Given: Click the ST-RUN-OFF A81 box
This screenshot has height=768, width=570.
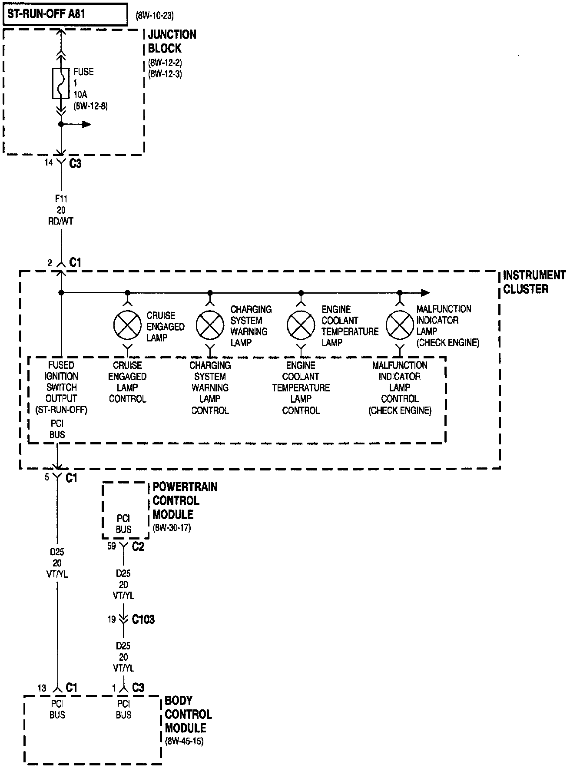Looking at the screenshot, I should click(66, 14).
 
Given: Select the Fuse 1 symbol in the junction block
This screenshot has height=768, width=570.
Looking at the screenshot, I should click(61, 83).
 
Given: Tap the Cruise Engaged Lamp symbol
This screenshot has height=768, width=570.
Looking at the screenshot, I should click(127, 326).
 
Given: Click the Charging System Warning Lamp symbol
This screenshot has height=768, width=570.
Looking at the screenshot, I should click(210, 326).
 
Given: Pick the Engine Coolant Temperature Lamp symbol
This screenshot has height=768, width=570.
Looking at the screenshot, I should click(301, 326).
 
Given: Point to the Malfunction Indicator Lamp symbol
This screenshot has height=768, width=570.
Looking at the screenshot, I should click(400, 326).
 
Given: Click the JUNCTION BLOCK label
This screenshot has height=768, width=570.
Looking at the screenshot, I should click(172, 41).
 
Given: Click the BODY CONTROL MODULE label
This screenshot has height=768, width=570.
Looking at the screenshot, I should click(188, 714).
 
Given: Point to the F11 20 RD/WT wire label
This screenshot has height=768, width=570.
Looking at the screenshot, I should click(61, 210).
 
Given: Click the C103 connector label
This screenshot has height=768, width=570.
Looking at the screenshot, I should click(143, 619).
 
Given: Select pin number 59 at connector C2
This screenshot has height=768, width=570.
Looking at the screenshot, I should click(112, 546).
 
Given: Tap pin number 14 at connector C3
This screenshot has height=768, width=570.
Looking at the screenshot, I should click(49, 162).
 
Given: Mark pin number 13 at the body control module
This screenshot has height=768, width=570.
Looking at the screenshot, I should click(42, 688).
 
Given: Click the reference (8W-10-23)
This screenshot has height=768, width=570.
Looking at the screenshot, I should click(155, 16).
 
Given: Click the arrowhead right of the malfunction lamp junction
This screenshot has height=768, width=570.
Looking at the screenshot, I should click(425, 293).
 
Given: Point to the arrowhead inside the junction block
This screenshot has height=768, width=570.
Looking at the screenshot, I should click(86, 125).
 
